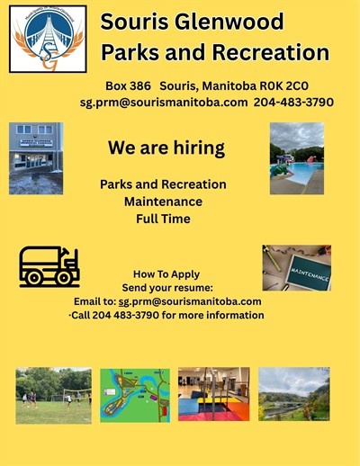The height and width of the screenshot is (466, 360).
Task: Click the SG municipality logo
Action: pyautogui.click(x=48, y=39)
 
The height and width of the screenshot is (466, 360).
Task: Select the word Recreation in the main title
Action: pyautogui.click(x=271, y=52)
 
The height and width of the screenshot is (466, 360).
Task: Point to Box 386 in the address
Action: pyautogui.click(x=128, y=86)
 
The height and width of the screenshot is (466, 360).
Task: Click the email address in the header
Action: pyautogui.click(x=164, y=103)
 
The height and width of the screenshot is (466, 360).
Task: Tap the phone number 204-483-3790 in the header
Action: pyautogui.click(x=293, y=102)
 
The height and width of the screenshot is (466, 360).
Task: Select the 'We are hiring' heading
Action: pyautogui.click(x=166, y=148)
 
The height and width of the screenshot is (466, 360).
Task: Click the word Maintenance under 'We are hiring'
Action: pyautogui.click(x=163, y=202)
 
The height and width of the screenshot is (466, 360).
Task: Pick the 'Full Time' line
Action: pyautogui.click(x=163, y=219)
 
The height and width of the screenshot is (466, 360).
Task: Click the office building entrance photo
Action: pyautogui.click(x=36, y=158)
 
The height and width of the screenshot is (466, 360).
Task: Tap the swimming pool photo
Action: pyautogui.click(x=297, y=158)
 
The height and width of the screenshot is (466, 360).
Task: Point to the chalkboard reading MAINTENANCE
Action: pyautogui.click(x=308, y=273)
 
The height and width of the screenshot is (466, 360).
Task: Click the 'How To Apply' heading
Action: pyautogui.click(x=166, y=274)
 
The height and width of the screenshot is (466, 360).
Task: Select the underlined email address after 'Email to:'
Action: pyautogui.click(x=190, y=301)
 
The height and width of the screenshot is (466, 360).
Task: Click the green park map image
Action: pyautogui.click(x=135, y=395)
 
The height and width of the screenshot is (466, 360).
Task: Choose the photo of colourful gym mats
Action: pyautogui.click(x=214, y=394)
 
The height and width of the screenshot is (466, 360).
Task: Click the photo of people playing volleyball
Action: pyautogui.click(x=54, y=396)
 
